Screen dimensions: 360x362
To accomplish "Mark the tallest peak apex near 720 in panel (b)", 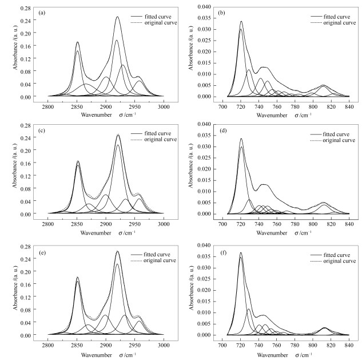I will tap(241, 22).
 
